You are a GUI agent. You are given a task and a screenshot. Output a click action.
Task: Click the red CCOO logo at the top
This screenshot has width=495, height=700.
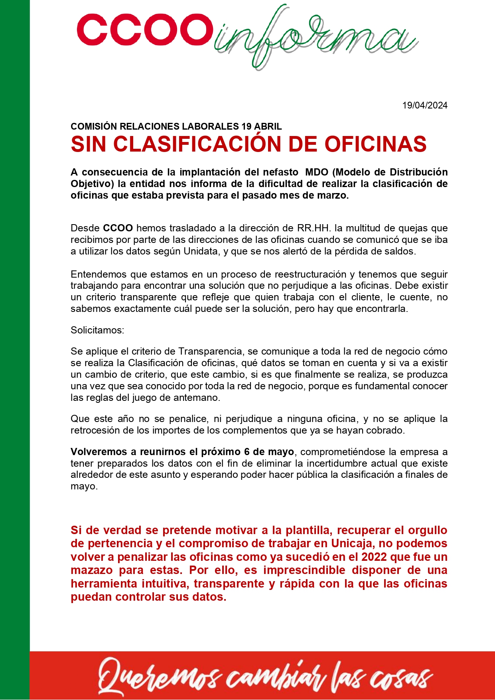[x=144, y=30]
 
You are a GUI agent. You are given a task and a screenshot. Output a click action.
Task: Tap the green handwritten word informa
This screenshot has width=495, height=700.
[x=315, y=38]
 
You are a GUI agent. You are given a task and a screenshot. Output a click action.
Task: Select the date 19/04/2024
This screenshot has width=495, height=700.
[x=425, y=105]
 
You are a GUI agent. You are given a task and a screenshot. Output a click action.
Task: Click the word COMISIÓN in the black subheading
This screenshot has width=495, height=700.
[x=94, y=126]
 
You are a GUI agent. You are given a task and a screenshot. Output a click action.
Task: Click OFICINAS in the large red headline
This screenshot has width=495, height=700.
[x=375, y=144]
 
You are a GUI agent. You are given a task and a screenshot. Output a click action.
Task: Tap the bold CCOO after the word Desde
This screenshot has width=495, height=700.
[x=118, y=228]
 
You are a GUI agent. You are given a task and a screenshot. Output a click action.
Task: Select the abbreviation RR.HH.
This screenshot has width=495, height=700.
[x=314, y=228]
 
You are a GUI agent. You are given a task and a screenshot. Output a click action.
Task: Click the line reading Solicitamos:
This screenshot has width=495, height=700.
[x=97, y=330]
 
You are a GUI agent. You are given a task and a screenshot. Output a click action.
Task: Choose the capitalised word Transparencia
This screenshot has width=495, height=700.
[x=210, y=351]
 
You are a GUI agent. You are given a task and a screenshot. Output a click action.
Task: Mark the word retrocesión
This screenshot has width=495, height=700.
[x=95, y=430]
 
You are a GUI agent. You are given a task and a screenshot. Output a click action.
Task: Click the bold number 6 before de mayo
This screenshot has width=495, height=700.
[x=247, y=452]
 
